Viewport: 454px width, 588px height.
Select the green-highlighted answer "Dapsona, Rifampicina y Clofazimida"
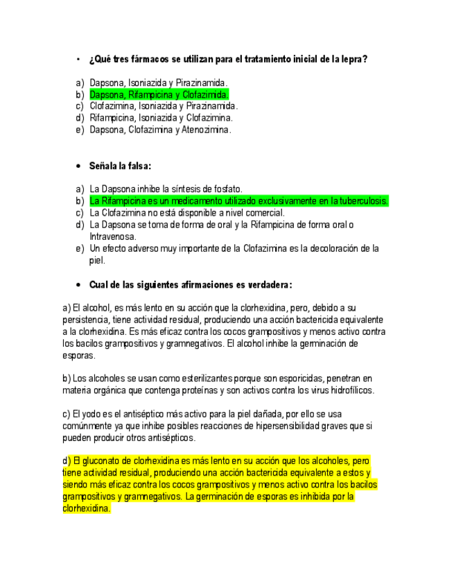tap(159, 94)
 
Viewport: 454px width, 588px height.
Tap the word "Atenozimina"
tap(205, 130)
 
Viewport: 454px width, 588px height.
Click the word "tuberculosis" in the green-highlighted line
tap(362, 201)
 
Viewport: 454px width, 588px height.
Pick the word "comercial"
tap(265, 213)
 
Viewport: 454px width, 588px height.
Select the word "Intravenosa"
tap(112, 236)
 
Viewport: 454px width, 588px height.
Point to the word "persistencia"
tap(85, 320)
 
